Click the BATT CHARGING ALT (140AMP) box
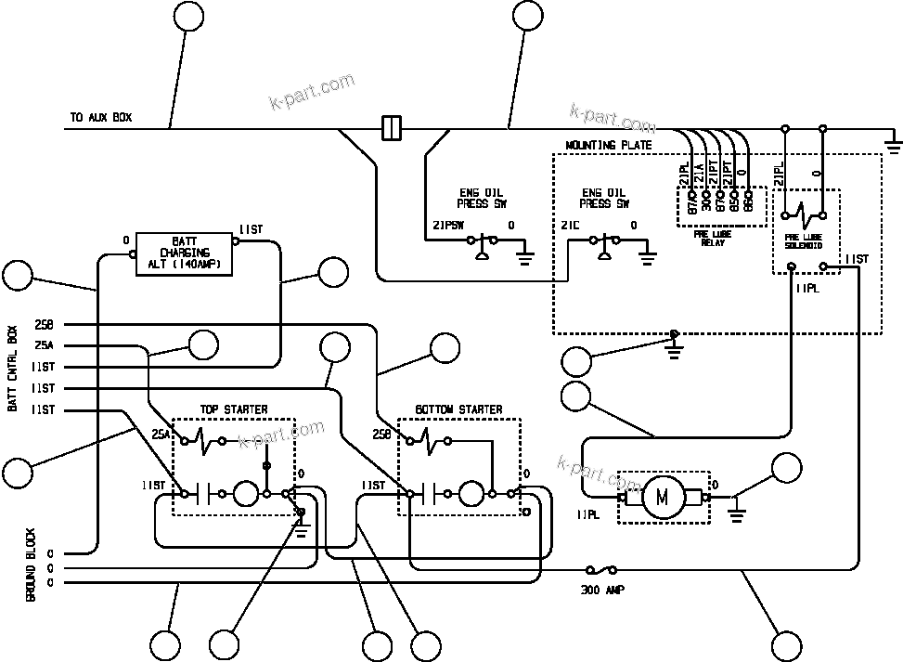(185, 252)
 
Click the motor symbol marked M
(663, 498)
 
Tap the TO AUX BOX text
(100, 119)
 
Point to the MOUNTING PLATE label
(608, 146)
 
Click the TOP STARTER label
(234, 409)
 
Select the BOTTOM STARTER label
(458, 409)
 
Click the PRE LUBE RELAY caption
(712, 239)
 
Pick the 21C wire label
(570, 226)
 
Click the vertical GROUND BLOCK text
(31, 566)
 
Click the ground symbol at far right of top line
(893, 144)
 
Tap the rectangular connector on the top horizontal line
(392, 127)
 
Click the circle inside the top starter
(245, 494)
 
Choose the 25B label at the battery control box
(43, 324)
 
